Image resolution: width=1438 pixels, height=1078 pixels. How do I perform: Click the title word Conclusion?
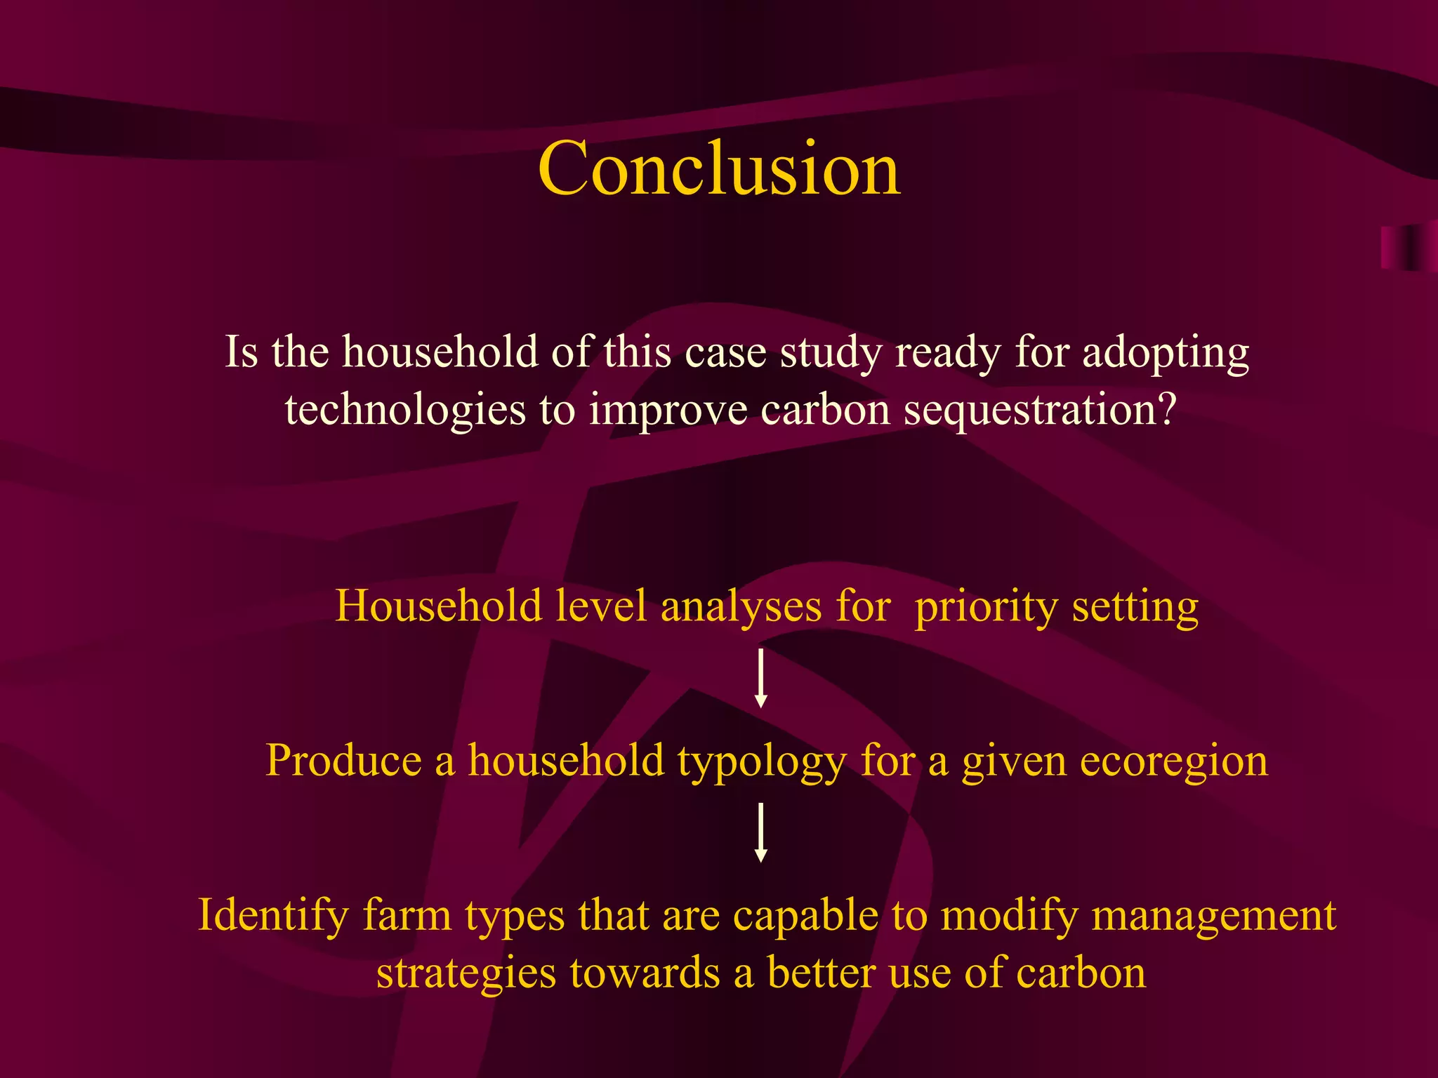click(x=719, y=168)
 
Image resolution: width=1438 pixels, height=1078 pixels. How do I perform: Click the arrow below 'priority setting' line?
click(x=760, y=678)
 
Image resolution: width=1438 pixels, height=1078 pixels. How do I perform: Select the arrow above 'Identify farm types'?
click(x=760, y=832)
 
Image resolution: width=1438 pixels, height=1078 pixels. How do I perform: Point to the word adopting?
click(x=1166, y=352)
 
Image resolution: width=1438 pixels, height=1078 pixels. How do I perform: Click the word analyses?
click(x=741, y=606)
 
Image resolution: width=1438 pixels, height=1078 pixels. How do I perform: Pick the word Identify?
click(x=273, y=917)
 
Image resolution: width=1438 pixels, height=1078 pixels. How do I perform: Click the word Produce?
click(x=343, y=761)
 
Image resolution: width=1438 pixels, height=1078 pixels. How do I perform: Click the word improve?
click(x=668, y=410)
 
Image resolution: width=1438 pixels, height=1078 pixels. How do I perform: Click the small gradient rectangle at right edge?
click(x=1408, y=248)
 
